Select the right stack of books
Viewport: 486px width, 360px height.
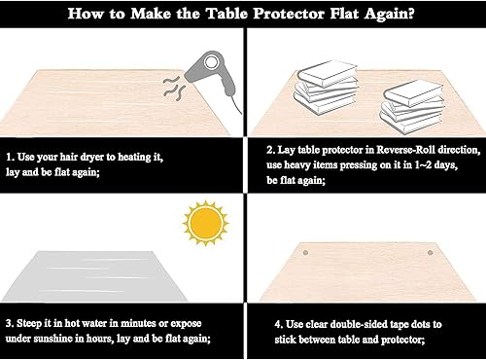405,101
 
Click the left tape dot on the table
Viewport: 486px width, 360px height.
305,250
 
